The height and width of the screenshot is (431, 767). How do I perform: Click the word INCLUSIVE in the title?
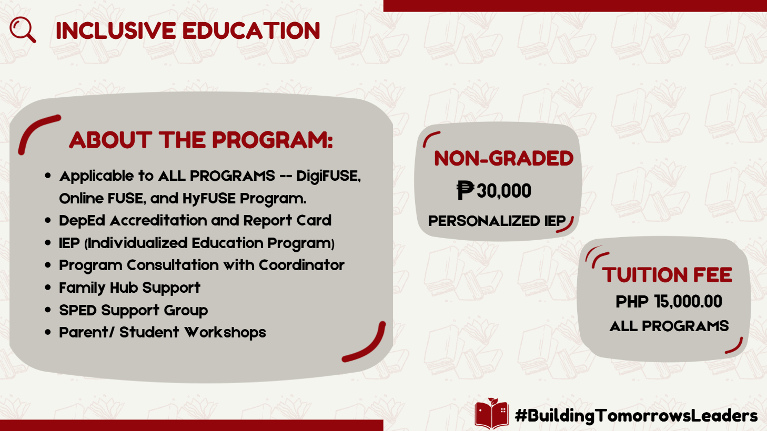click(116, 31)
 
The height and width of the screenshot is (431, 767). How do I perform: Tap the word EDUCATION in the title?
click(251, 31)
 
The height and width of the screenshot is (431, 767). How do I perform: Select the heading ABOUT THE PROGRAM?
click(201, 140)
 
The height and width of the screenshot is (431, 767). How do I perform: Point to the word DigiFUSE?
click(328, 176)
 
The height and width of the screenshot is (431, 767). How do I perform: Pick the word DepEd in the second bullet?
click(82, 221)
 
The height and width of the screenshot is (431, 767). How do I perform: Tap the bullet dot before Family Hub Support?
click(48, 288)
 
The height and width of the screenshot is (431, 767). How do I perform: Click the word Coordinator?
click(301, 265)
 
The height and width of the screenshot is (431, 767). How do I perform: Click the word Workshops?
click(225, 333)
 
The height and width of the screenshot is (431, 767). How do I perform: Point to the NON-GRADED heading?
click(503, 158)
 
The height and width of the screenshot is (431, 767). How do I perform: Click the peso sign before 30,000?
click(465, 190)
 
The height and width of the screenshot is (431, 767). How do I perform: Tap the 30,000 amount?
click(503, 190)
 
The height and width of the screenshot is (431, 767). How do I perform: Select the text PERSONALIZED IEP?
click(497, 221)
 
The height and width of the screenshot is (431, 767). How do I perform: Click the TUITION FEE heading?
click(667, 275)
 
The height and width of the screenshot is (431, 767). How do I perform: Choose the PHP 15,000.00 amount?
click(669, 302)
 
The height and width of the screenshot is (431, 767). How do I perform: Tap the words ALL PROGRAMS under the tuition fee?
click(669, 326)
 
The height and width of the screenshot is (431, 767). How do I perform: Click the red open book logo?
click(491, 413)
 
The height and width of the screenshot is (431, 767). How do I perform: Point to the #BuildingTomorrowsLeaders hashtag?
click(636, 416)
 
